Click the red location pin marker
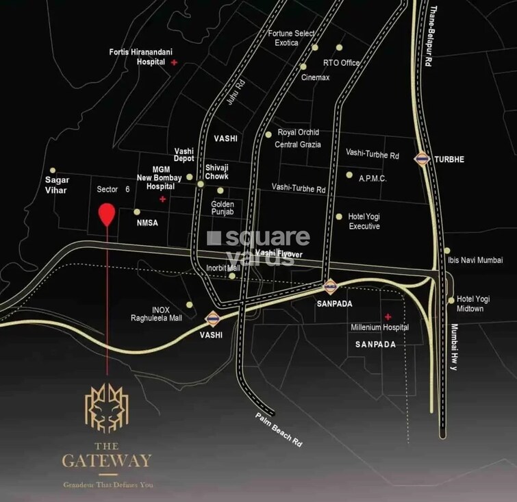tap(106, 215)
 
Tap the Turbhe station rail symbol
tap(422, 159)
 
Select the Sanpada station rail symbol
tap(330, 288)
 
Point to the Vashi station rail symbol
tap(212, 318)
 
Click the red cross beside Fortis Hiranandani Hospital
tap(175, 62)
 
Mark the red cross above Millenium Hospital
tap(388, 316)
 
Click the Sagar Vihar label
tap(56, 185)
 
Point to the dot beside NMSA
tap(137, 212)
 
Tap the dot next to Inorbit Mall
tap(232, 277)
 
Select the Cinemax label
tap(316, 77)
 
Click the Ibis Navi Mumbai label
tap(475, 260)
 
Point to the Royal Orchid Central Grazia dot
tap(268, 134)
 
